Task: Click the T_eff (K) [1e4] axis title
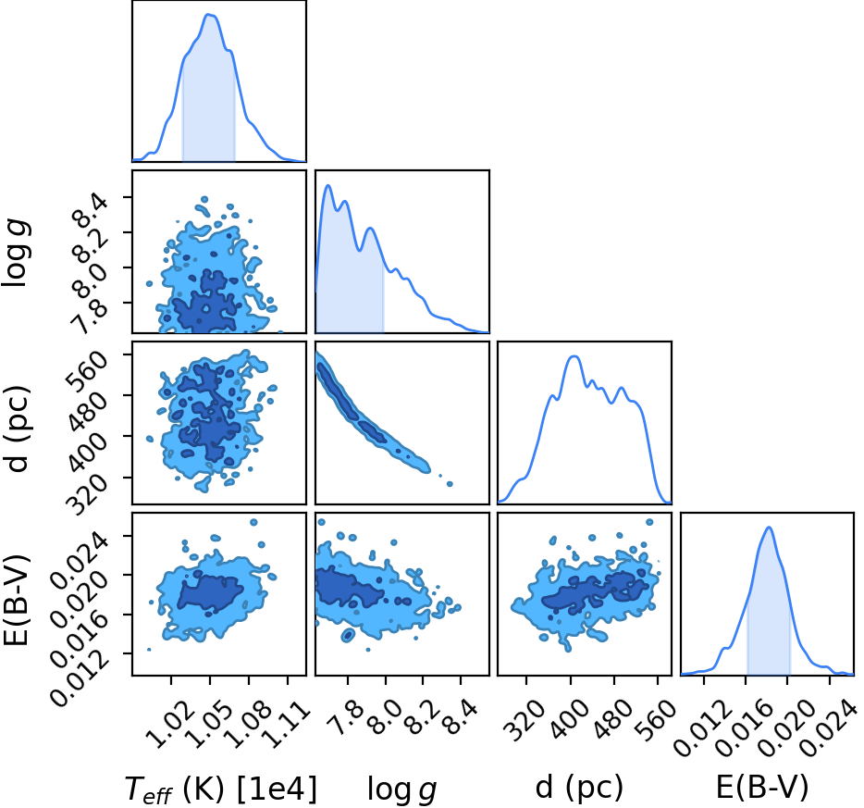221,789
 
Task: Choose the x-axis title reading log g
401,789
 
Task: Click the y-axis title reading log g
16,253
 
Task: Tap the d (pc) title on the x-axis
579,788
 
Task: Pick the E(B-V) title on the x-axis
762,787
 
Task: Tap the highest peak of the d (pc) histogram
574,356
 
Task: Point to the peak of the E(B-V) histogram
769,528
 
